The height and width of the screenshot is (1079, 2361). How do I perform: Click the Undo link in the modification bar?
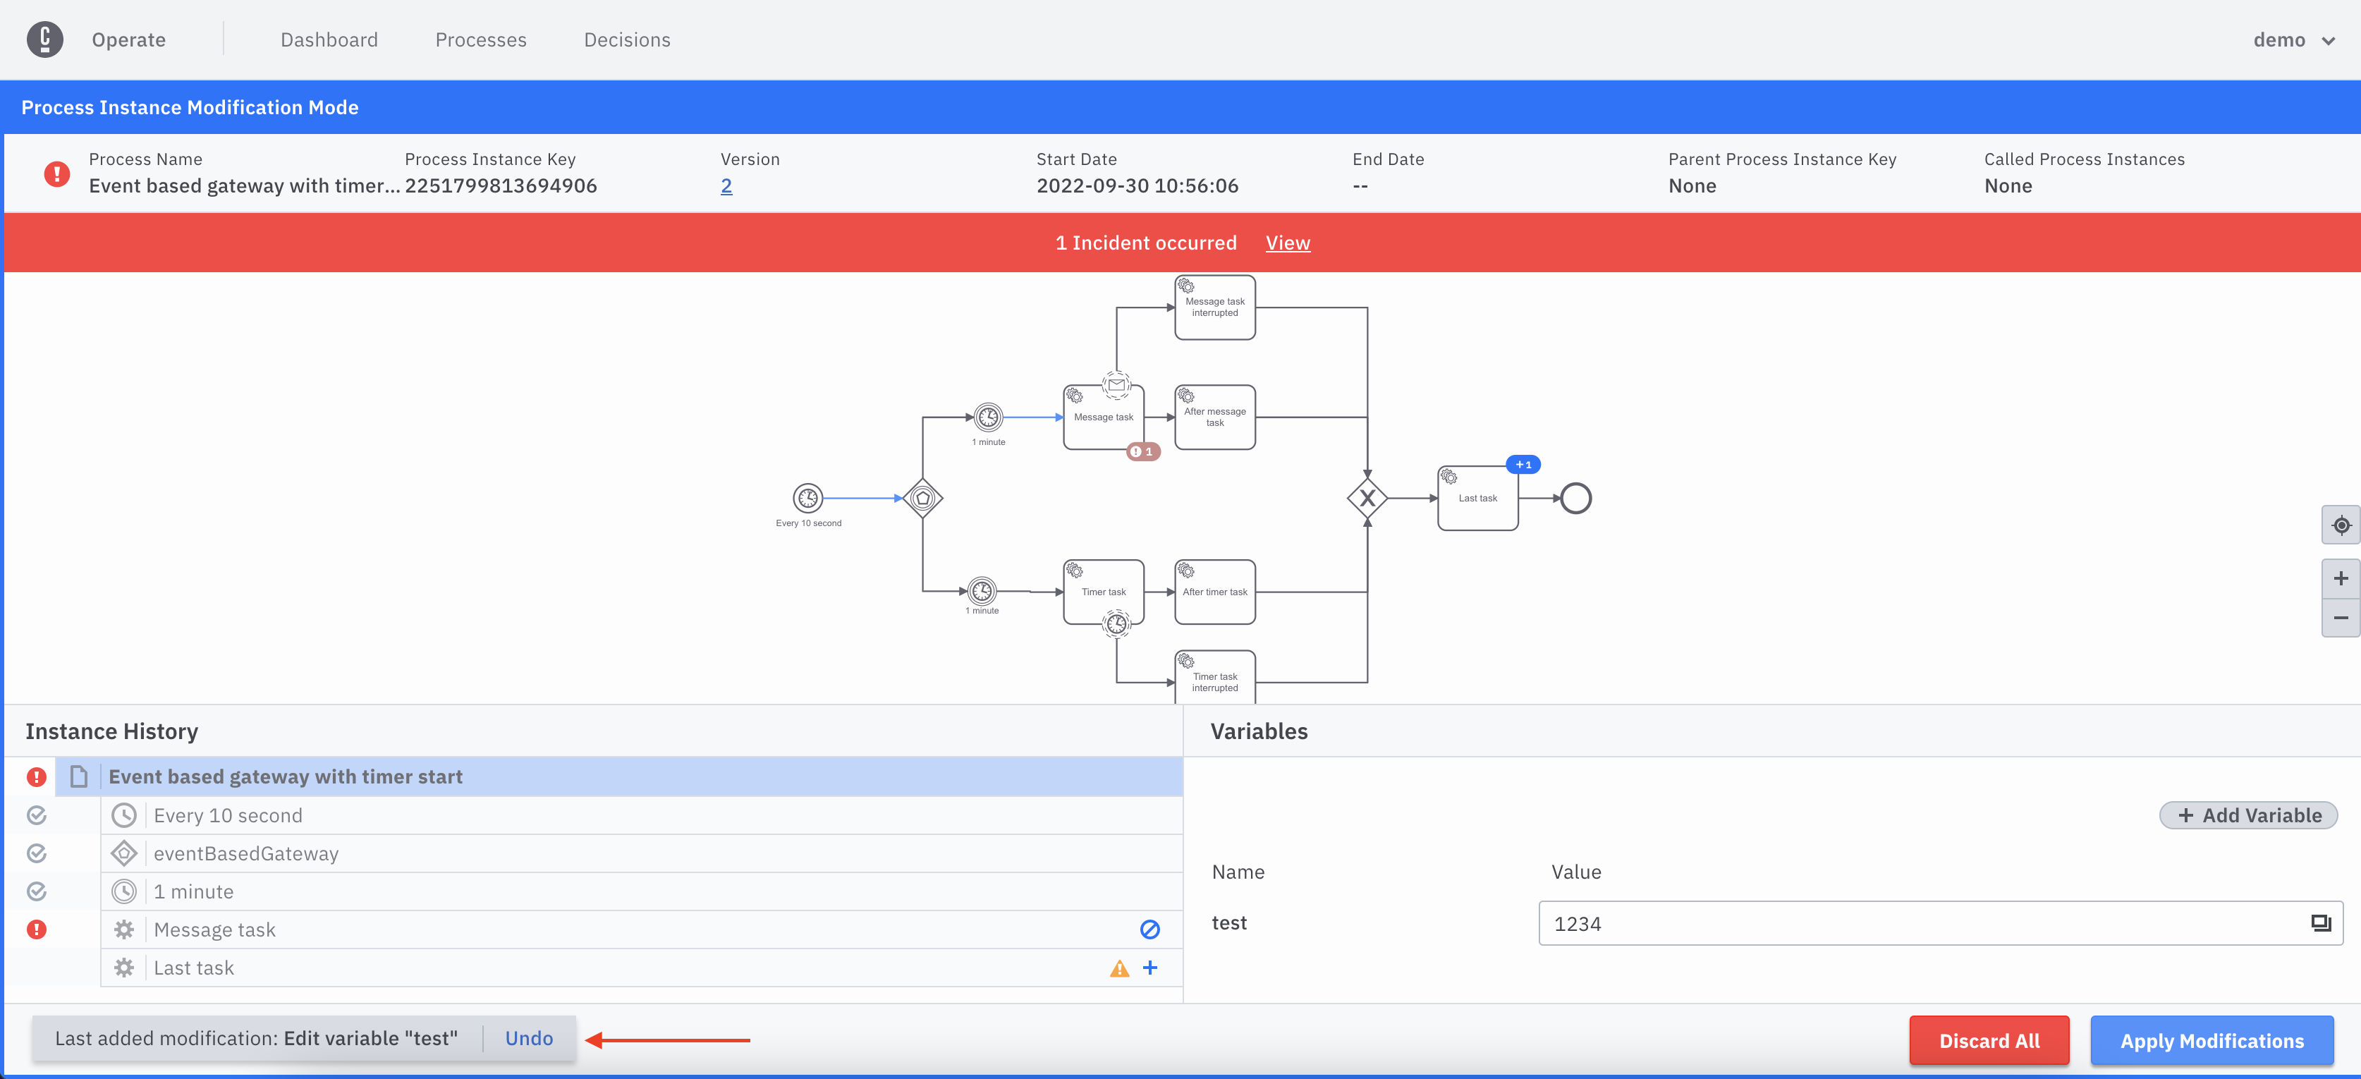click(x=529, y=1039)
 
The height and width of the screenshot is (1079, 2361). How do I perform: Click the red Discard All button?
click(x=1989, y=1040)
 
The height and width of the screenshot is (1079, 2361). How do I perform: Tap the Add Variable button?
click(x=2248, y=815)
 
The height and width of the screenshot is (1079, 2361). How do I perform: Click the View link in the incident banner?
click(x=1288, y=243)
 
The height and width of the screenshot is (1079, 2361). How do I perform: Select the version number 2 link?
click(x=726, y=186)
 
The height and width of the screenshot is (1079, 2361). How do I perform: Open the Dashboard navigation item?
click(x=329, y=39)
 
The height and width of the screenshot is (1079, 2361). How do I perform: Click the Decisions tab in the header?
click(x=627, y=39)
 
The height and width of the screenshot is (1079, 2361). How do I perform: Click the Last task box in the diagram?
click(x=1477, y=499)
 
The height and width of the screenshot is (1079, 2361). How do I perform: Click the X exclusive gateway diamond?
click(x=1367, y=499)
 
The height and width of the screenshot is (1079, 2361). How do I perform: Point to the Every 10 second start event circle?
click(x=807, y=498)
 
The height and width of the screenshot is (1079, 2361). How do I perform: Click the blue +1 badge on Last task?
click(x=1523, y=465)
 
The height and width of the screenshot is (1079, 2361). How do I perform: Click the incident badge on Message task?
click(x=1143, y=451)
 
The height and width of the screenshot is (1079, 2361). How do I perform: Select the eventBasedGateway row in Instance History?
click(x=245, y=853)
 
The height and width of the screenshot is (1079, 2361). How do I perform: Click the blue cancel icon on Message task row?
click(x=1149, y=929)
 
